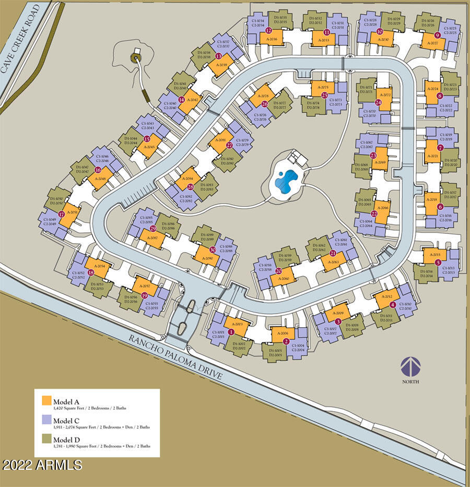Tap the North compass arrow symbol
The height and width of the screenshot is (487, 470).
point(410,366)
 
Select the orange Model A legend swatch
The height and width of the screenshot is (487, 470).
point(46,400)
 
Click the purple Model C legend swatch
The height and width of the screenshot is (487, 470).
point(46,421)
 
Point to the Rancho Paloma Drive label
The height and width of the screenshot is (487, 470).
point(177,358)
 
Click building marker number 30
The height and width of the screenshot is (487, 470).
point(213,250)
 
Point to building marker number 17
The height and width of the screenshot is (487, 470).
point(62,215)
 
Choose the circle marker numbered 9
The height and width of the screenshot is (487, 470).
point(437,35)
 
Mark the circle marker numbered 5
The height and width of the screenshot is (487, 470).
point(438,263)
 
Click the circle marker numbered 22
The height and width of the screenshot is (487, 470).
point(374,214)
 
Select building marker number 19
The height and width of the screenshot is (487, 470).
point(144,295)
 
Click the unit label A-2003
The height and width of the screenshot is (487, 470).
point(236,325)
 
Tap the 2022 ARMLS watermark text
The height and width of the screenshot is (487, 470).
point(42,464)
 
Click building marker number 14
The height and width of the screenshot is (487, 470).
point(181,100)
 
